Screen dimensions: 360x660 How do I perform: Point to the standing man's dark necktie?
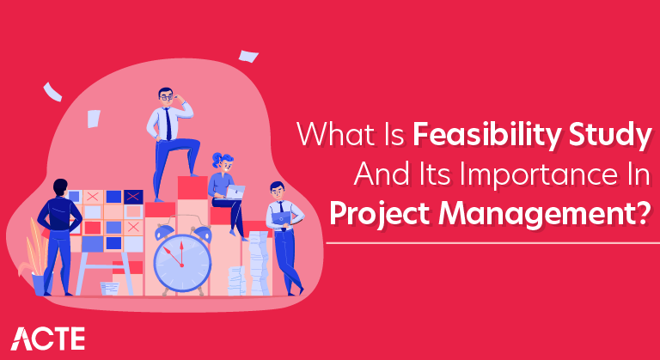click(x=170, y=125)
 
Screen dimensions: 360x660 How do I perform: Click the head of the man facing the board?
click(x=59, y=186)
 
